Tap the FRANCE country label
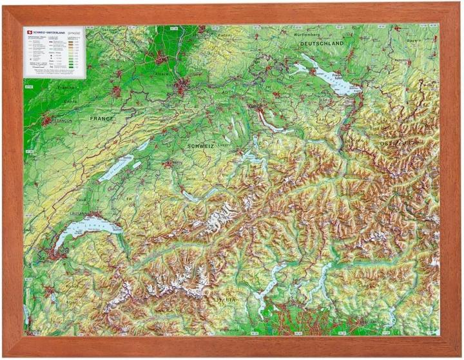click(101, 119)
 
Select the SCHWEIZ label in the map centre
click(200, 147)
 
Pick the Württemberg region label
click(314, 33)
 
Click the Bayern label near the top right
click(414, 40)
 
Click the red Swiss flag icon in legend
click(28, 32)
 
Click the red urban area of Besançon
click(45, 120)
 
